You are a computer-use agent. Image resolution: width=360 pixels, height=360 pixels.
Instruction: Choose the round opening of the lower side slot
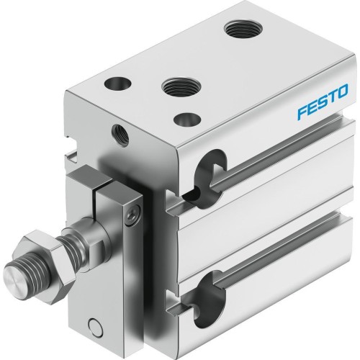coord(208,288)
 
